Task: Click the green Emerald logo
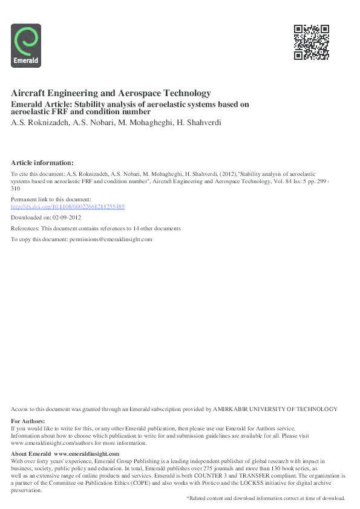26,45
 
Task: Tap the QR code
311,42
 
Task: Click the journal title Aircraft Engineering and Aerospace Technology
111,93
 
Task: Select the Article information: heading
42,163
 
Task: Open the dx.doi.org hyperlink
68,207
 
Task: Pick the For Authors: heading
28,421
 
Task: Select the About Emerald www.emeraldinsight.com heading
65,454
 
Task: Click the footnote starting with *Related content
265,498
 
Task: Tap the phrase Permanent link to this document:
51,199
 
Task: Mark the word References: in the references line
25,229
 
